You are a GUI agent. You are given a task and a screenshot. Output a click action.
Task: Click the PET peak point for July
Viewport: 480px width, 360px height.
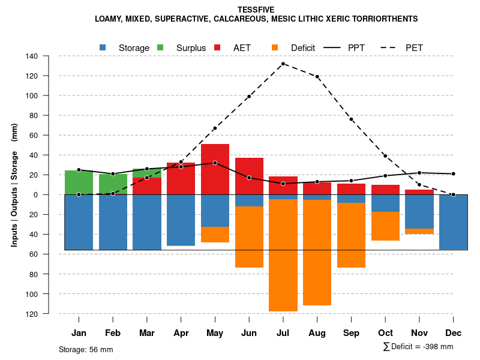[x=283, y=64]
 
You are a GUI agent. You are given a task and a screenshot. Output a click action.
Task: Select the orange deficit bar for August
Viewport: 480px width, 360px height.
[x=317, y=252]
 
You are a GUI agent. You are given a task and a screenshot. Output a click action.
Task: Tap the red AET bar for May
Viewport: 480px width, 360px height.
[x=215, y=169]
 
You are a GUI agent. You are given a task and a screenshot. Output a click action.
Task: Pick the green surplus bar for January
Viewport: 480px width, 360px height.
[x=79, y=182]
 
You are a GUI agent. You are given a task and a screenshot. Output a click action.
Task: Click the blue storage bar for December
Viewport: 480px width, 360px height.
[x=453, y=222]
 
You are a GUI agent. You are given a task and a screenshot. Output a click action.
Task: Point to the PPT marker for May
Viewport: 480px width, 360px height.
[x=215, y=163]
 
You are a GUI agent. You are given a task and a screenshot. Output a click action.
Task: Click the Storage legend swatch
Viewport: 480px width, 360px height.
[x=103, y=47]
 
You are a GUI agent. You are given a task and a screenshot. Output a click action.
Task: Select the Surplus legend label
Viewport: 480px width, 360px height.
[x=191, y=48]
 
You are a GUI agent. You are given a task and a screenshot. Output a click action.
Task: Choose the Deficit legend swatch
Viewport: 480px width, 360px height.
[x=275, y=47]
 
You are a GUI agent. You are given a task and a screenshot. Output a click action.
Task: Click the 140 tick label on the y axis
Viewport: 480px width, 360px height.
[x=32, y=56]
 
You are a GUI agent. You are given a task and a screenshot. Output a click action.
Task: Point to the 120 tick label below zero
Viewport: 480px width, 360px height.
[x=32, y=314]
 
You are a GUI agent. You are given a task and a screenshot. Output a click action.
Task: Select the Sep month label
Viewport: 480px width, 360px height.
[x=351, y=333]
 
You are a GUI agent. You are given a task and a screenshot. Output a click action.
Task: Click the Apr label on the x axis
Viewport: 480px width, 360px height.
[x=181, y=333]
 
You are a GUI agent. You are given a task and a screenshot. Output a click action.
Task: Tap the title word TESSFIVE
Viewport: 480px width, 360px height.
[x=256, y=10]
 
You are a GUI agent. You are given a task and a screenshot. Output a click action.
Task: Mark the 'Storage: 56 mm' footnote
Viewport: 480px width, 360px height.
[x=86, y=349]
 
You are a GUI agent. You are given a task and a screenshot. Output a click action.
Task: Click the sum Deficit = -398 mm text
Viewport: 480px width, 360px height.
[x=418, y=346]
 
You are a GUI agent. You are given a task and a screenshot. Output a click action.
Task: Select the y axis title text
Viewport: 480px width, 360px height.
[x=14, y=185]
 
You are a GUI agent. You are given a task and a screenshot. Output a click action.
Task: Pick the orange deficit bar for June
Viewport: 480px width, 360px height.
[x=249, y=237]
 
